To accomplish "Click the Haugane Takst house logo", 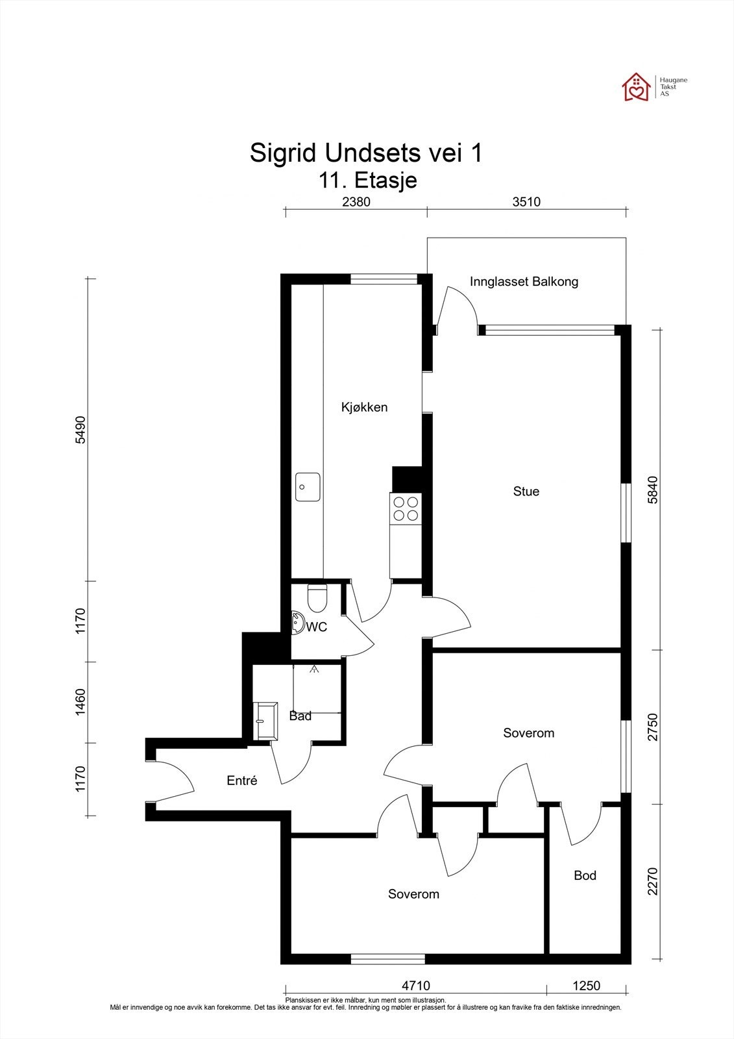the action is (636, 87).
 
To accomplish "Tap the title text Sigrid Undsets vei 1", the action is (366, 153).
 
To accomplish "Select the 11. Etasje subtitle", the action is (368, 181).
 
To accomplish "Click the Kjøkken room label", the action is (365, 407).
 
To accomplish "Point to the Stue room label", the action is (526, 491).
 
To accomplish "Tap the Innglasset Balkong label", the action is (524, 282).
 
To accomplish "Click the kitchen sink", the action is (308, 487).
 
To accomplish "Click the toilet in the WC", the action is (317, 598).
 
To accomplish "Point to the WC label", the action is (317, 627).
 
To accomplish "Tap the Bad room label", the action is (300, 716).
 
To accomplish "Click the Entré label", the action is (242, 781).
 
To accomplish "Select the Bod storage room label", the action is (585, 875).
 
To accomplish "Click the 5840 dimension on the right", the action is (652, 490).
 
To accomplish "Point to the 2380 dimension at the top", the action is (356, 202).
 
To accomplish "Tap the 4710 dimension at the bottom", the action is (416, 984).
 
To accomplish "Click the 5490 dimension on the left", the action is (80, 430).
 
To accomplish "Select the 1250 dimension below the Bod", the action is (587, 984).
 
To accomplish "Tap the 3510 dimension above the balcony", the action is (527, 202).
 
